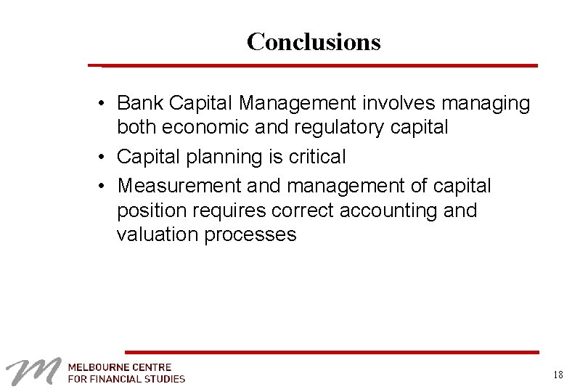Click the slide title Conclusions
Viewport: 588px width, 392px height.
(313, 42)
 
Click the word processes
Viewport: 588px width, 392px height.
(250, 235)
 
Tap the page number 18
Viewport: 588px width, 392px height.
(557, 375)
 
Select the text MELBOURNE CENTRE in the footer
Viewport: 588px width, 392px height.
(120, 367)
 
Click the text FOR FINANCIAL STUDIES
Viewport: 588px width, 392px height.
(126, 378)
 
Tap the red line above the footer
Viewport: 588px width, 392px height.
(332, 352)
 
